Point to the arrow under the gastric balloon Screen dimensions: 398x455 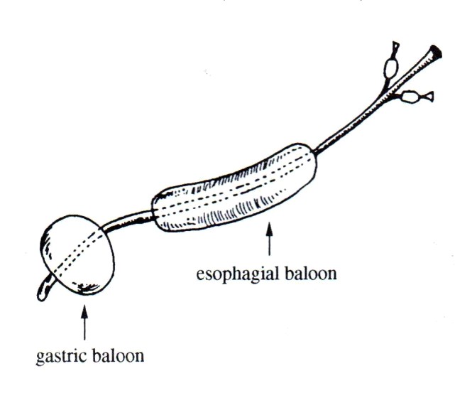[x=85, y=323]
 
